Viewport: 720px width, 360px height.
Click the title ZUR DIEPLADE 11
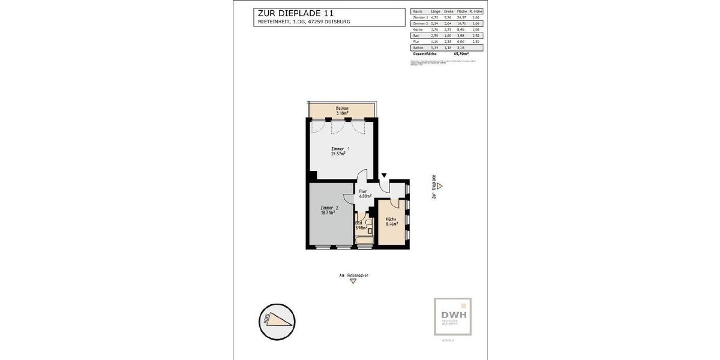[x=296, y=13]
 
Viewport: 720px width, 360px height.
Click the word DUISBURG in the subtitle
[x=337, y=22]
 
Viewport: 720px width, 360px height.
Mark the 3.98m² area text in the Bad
[x=361, y=228]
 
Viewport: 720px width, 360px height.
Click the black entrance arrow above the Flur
[x=384, y=175]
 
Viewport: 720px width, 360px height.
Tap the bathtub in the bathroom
[x=364, y=242]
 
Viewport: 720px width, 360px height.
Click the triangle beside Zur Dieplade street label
[x=439, y=187]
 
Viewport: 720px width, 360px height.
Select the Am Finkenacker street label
[x=354, y=275]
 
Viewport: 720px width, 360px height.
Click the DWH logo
[x=453, y=317]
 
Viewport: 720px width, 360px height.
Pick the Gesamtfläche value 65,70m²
[x=461, y=53]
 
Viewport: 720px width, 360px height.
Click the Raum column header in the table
[x=418, y=11]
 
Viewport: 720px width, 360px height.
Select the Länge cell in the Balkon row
[x=436, y=47]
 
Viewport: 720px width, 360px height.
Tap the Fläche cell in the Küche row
[x=462, y=29]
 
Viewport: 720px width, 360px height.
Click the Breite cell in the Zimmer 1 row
[x=448, y=17]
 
